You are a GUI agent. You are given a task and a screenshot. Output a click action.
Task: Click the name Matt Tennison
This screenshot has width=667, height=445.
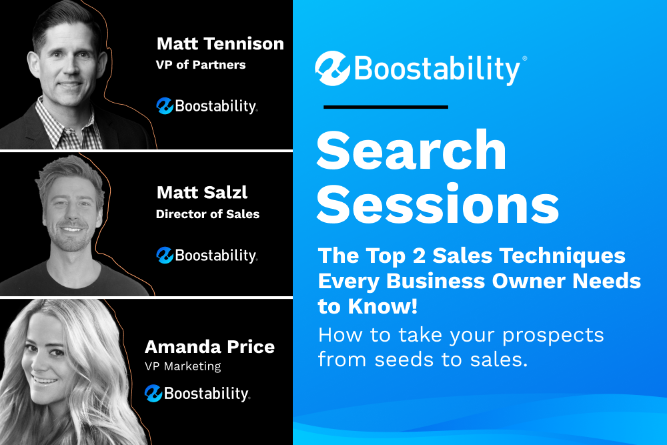pos(220,44)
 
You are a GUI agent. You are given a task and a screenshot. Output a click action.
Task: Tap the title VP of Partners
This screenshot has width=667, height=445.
pos(201,65)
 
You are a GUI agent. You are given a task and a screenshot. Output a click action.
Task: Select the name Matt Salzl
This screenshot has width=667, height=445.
pos(202,192)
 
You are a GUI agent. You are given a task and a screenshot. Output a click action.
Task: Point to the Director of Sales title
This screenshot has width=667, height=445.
pos(207,214)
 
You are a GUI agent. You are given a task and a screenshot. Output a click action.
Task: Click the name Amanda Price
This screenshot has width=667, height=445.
pos(209,347)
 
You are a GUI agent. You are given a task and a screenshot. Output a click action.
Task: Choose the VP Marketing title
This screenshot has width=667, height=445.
pos(183,366)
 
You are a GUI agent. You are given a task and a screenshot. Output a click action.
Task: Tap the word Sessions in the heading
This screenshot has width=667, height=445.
pos(438,203)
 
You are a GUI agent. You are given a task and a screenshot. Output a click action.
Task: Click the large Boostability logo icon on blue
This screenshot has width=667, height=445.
pos(332,69)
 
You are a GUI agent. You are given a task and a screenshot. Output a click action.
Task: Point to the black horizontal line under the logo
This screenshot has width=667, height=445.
pos(386,107)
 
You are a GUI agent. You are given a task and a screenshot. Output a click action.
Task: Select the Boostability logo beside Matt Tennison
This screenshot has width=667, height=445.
pos(207,106)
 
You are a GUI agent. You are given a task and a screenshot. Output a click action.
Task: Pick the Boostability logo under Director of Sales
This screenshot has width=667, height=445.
pos(207,256)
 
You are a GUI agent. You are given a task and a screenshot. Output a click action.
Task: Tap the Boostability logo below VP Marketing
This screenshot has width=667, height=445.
pos(197,394)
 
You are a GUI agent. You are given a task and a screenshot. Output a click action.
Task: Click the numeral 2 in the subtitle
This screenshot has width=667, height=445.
pos(419,256)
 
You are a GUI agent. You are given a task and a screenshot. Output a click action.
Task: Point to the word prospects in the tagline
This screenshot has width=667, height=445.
pos(553,336)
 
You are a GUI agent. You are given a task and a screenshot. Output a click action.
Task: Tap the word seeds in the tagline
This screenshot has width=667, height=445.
pos(405,360)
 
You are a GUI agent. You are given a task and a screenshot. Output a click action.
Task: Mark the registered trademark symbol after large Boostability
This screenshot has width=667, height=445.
pos(524,58)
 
